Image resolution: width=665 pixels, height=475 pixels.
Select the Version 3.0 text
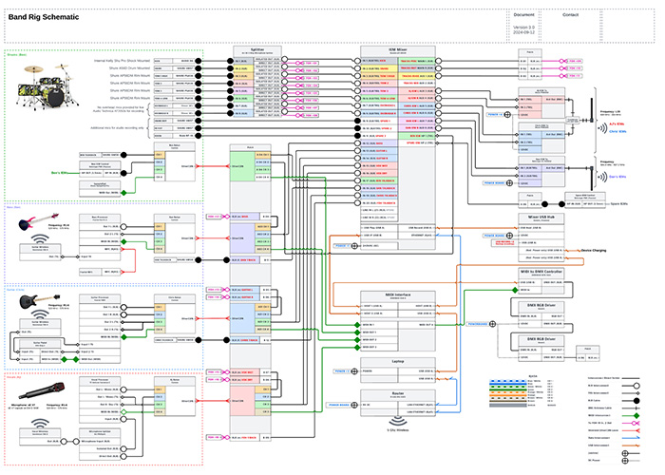[524, 28]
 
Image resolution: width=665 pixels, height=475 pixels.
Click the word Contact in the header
[570, 15]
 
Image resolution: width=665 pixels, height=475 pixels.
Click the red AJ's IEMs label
[617, 123]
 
